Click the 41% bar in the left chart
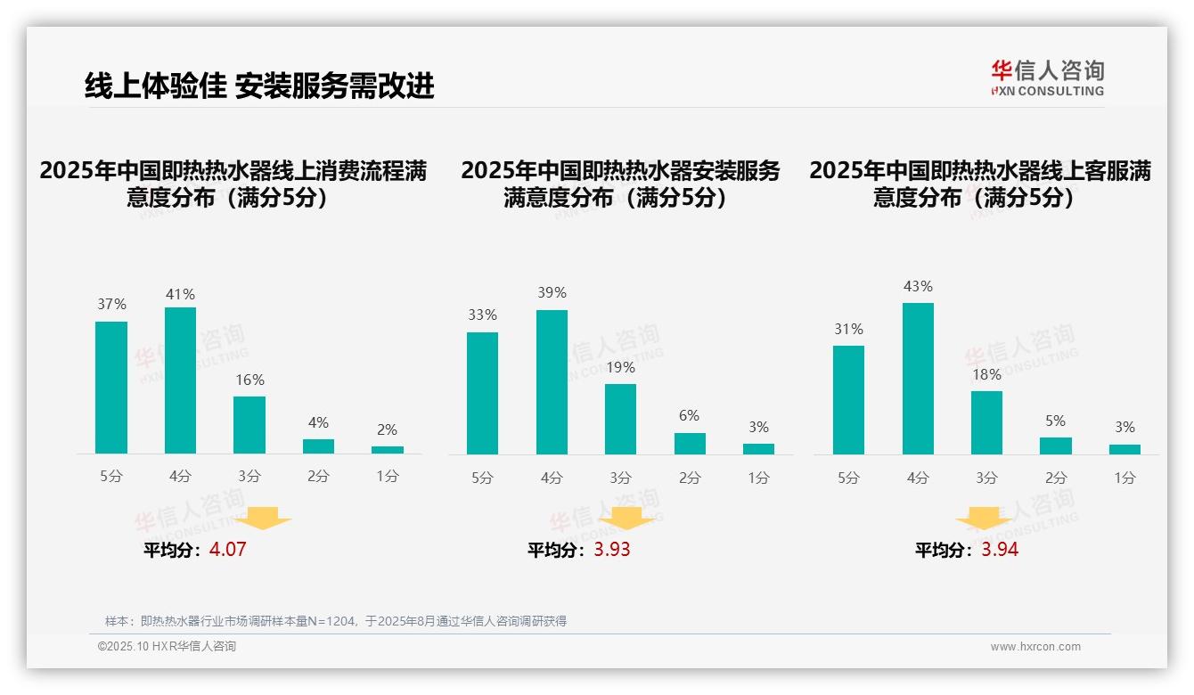coord(180,380)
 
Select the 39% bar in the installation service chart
coord(552,382)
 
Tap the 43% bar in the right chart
coord(918,379)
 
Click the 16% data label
coord(249,380)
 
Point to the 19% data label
coord(620,368)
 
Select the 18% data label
coord(986,375)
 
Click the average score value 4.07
coord(227,550)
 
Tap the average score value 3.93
coord(612,550)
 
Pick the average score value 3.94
coord(1000,550)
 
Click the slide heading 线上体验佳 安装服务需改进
coord(259,86)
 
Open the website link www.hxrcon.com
coord(1035,647)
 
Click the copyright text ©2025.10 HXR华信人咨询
coord(167,647)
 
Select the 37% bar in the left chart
coord(111,388)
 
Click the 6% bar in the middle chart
coord(690,444)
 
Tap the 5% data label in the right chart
coord(1056,421)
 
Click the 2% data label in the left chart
coord(387,430)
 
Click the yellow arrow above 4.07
coord(264,519)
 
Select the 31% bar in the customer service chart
coord(848,400)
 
